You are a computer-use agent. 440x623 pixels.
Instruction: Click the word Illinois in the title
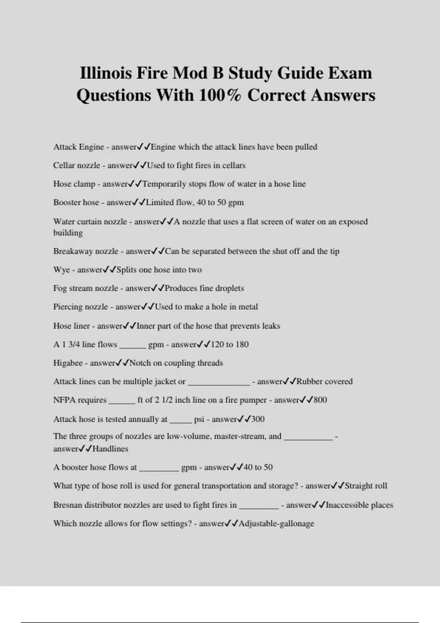point(105,73)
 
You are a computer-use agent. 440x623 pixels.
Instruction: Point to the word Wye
point(61,270)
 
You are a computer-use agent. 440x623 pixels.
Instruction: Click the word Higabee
point(68,363)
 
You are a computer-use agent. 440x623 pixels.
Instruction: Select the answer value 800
point(320,400)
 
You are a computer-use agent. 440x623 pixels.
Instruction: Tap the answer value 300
point(258,419)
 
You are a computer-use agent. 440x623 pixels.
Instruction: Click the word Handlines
point(110,449)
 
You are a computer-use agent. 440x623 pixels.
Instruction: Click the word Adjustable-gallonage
point(276,523)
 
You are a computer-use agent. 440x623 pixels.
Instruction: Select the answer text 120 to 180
point(230,344)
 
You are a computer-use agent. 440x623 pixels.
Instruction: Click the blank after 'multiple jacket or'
point(219,382)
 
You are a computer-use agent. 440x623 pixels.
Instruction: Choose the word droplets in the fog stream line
point(229,288)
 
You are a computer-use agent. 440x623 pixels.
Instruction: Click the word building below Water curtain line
point(68,233)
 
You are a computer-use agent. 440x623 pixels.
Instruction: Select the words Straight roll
point(366,486)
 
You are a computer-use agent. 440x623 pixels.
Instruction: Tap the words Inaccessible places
point(359,505)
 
